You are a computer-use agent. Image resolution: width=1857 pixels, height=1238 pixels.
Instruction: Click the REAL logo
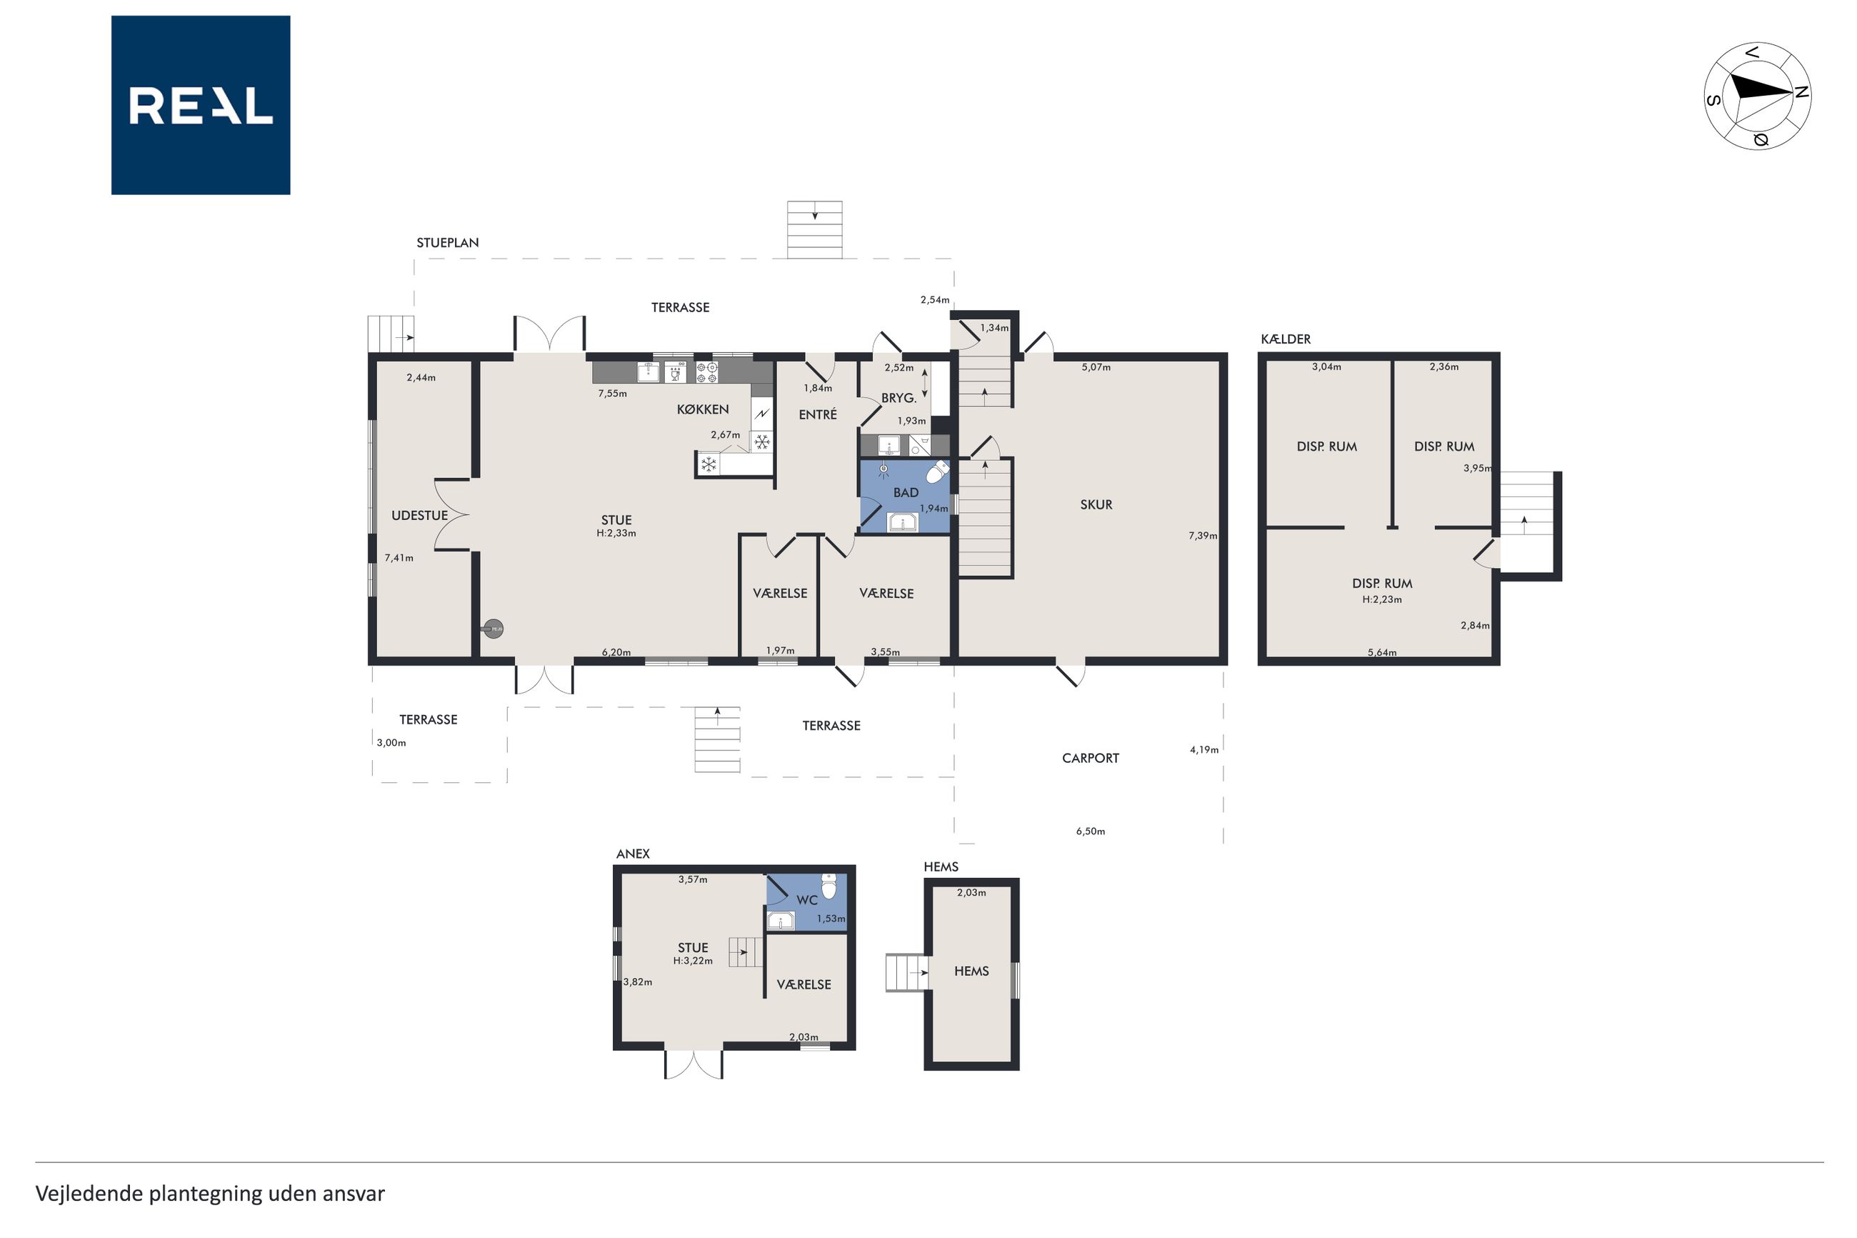(x=201, y=105)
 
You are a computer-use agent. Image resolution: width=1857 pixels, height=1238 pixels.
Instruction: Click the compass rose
(x=1757, y=96)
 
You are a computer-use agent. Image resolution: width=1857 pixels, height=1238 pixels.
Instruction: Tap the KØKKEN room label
(x=702, y=409)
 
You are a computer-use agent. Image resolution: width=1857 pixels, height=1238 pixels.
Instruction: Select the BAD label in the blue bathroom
(x=905, y=493)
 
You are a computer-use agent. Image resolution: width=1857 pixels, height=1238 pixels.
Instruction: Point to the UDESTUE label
(x=420, y=516)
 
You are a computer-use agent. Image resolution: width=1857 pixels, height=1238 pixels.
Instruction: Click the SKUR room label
(x=1096, y=504)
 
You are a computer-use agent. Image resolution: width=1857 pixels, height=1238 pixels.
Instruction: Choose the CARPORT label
(x=1091, y=758)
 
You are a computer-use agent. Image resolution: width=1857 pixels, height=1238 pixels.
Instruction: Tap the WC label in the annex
(x=806, y=900)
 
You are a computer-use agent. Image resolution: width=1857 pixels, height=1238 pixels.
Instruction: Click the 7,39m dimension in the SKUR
(x=1203, y=535)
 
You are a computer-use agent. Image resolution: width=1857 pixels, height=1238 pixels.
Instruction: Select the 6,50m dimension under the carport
(x=1091, y=831)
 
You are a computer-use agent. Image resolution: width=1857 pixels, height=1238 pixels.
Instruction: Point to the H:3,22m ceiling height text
(x=693, y=961)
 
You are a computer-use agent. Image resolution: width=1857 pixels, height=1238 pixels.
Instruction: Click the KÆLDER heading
(x=1286, y=339)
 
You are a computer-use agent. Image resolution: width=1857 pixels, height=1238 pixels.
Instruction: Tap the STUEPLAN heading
(x=448, y=242)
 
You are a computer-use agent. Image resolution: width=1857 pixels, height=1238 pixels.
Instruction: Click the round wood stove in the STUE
(x=494, y=629)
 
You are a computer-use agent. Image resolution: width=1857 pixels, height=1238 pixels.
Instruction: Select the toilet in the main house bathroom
(x=938, y=471)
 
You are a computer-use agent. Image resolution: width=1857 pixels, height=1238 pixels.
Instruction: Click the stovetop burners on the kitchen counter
(x=707, y=372)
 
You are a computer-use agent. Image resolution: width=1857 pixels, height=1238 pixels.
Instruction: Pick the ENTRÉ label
(x=818, y=414)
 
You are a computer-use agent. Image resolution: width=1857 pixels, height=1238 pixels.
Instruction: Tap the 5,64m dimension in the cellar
(x=1382, y=652)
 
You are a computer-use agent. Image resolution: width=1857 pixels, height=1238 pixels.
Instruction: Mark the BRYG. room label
(x=899, y=398)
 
